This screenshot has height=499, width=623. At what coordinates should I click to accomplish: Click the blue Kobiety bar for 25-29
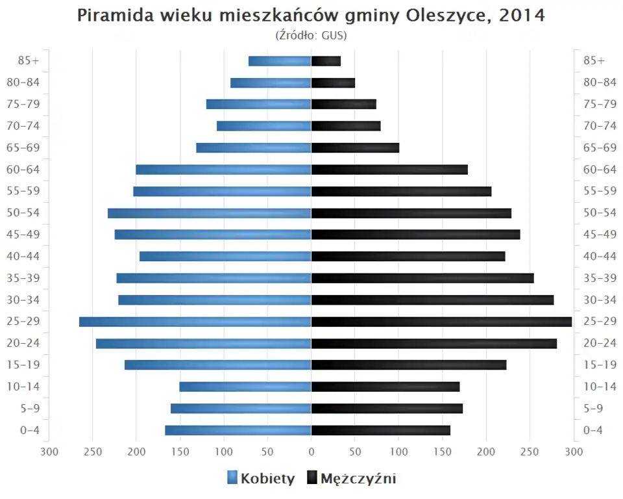[x=195, y=322]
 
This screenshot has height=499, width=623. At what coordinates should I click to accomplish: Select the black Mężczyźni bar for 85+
[x=326, y=61]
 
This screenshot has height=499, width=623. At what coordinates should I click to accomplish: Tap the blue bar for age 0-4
[x=238, y=430]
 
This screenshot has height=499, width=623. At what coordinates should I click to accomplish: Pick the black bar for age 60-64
[x=389, y=170]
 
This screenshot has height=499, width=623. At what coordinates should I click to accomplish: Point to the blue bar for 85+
[x=280, y=61]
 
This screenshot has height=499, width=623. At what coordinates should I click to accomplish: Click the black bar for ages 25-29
[x=441, y=322]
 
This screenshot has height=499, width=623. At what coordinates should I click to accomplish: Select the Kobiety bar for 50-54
[x=209, y=213]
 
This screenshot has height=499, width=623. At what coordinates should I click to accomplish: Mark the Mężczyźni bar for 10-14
[x=385, y=387]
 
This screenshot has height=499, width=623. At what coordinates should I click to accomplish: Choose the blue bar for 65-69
[x=254, y=148]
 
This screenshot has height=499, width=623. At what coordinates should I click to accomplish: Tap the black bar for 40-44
[x=408, y=257]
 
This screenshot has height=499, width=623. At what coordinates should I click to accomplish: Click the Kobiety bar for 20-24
[x=203, y=343]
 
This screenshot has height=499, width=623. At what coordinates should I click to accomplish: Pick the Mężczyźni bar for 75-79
[x=343, y=105]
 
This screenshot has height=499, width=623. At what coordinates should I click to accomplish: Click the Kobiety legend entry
[x=261, y=479]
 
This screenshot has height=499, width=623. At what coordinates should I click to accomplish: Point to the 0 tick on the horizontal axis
[x=311, y=452]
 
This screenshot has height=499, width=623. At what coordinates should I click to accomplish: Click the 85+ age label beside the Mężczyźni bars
[x=594, y=61]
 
